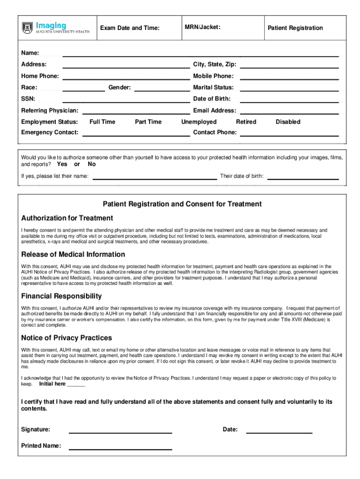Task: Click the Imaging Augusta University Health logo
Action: pyautogui.click(x=56, y=28)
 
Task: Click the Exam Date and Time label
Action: pyautogui.click(x=130, y=28)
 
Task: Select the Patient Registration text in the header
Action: pyautogui.click(x=295, y=28)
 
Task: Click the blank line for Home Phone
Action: pyautogui.click(x=126, y=76)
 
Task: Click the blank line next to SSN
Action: pyautogui.click(x=126, y=99)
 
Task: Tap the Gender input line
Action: pyautogui.click(x=162, y=88)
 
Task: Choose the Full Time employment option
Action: pyautogui.click(x=102, y=122)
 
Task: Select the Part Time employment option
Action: pyautogui.click(x=148, y=122)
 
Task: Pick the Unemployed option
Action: pyautogui.click(x=199, y=122)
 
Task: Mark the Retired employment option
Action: pyautogui.click(x=246, y=122)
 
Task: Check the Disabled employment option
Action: pyautogui.click(x=288, y=122)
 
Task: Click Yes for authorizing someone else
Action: pyautogui.click(x=62, y=164)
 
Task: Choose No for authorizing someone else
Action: pyautogui.click(x=92, y=164)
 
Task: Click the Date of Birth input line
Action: pyautogui.click(x=289, y=99)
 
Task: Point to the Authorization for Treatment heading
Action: pyautogui.click(x=67, y=218)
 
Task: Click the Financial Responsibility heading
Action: pyautogui.click(x=62, y=296)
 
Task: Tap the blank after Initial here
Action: pyautogui.click(x=76, y=385)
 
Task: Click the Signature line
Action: pyautogui.click(x=121, y=430)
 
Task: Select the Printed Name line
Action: pyautogui.click(x=121, y=446)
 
